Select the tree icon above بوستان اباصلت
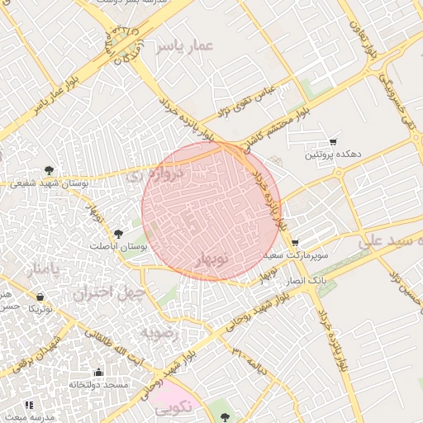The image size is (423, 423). pyautogui.click(x=118, y=234)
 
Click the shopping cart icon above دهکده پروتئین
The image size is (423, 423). pyautogui.click(x=334, y=142)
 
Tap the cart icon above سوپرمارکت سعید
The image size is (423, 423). pyautogui.click(x=295, y=244)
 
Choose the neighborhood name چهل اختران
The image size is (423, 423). pyautogui.click(x=109, y=293)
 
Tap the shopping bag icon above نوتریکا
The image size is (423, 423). pyautogui.click(x=40, y=296)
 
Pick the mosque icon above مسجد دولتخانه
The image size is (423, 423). pyautogui.click(x=98, y=372)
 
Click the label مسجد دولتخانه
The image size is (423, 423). pyautogui.click(x=98, y=385)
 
